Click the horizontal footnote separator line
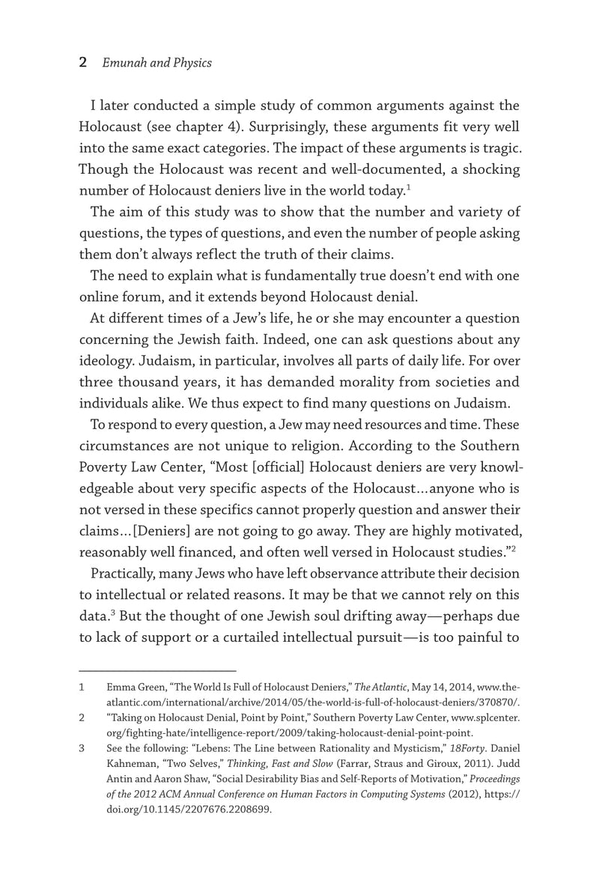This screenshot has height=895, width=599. [157, 670]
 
